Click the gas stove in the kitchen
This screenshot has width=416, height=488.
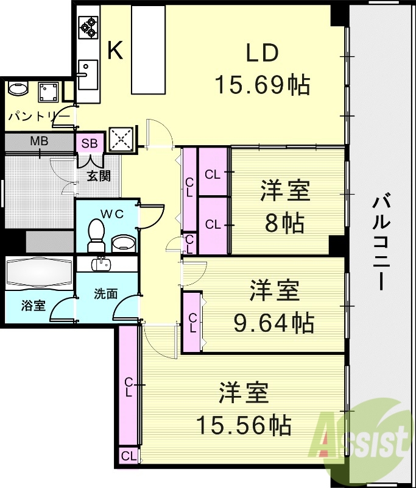tap(88, 27)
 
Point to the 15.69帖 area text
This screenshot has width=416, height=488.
tap(262, 85)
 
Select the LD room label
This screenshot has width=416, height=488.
tap(262, 54)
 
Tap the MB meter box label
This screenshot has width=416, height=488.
tap(39, 142)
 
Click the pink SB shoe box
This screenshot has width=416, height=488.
tap(90, 144)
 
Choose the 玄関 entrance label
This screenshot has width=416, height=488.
tap(97, 176)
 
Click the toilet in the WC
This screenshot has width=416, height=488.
tap(97, 235)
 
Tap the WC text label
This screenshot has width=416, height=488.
tap(112, 214)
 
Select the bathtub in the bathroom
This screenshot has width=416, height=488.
tap(39, 273)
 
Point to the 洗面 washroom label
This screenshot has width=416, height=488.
tap(105, 293)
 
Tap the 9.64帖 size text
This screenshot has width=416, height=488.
tap(274, 321)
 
